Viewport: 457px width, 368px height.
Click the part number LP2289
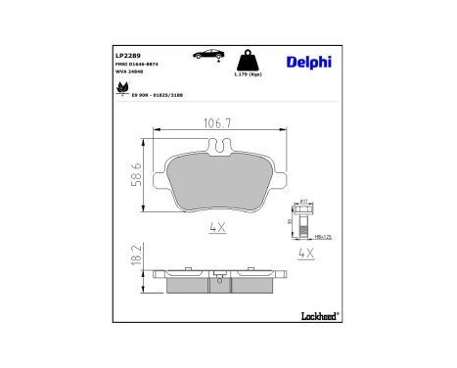tap(128, 56)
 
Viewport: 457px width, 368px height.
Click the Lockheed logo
tap(312, 315)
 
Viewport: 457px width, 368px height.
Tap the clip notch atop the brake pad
tap(220, 148)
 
